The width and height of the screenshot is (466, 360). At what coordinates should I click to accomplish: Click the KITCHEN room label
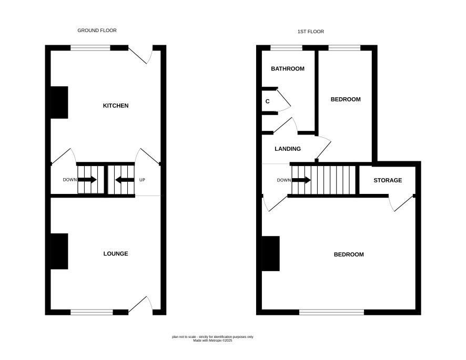[x=116, y=106]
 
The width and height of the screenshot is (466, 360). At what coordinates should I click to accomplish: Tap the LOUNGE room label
[x=116, y=254]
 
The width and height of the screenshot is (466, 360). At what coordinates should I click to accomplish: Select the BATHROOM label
[x=288, y=69]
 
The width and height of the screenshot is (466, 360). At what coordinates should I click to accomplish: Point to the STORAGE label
[x=388, y=180]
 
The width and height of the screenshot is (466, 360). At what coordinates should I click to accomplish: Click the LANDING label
[x=288, y=149]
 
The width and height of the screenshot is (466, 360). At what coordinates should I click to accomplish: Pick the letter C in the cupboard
[x=268, y=101]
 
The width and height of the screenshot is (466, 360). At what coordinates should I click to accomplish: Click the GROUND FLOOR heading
[x=97, y=30]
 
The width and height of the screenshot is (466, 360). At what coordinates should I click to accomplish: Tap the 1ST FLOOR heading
[x=311, y=32]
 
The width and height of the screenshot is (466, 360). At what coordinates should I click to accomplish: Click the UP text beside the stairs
[x=142, y=180]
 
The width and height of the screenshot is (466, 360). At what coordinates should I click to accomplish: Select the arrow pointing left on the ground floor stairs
[x=125, y=180]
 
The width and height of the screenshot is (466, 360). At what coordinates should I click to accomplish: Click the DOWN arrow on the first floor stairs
[x=301, y=180]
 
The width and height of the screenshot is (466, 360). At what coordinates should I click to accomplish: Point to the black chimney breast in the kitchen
[x=59, y=102]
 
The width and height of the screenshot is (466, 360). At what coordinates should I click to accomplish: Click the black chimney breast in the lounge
[x=59, y=251]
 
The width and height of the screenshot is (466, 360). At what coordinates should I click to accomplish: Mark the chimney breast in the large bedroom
[x=271, y=254]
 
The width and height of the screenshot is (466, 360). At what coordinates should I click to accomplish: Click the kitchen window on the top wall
[x=90, y=48]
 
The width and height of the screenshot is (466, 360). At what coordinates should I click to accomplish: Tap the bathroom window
[x=287, y=48]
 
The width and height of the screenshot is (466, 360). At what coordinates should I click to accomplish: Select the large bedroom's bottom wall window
[x=332, y=312]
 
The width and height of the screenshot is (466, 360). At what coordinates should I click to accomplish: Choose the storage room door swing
[x=401, y=204]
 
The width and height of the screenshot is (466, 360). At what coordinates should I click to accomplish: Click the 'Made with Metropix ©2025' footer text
[x=213, y=341]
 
